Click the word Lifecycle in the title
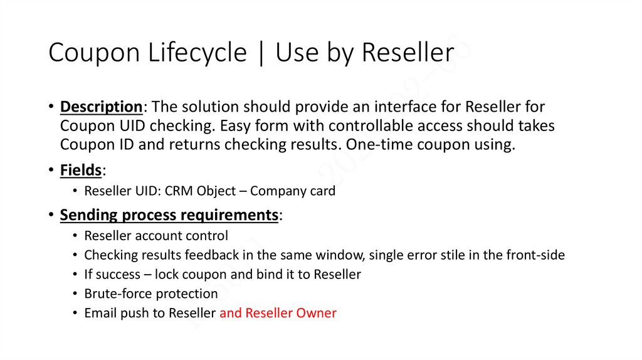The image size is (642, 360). coord(197,53)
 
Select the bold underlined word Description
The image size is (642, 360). coord(101,106)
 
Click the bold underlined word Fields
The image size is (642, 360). coord(81,170)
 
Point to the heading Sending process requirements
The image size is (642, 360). coord(169,215)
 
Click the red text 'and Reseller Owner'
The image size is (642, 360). coord(278,313)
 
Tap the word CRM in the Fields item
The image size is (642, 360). coord(179,191)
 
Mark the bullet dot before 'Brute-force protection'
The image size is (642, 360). coord(75,294)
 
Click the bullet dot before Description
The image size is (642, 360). coord(50,107)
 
